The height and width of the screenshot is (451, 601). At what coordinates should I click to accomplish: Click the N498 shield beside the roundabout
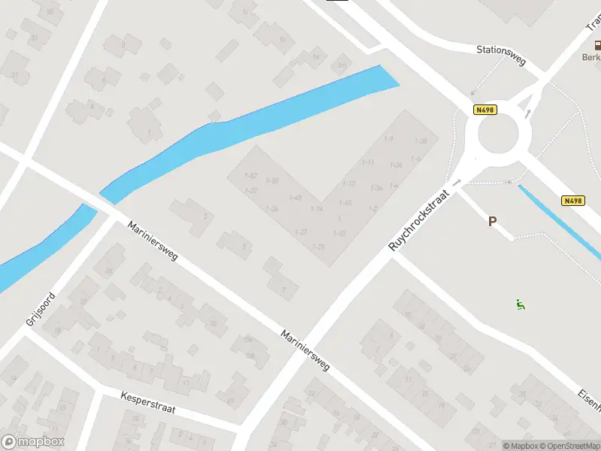pos(485,110)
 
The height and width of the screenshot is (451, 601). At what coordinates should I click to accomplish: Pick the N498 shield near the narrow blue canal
pos(573,201)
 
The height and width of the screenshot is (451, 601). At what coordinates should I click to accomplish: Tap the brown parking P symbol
pos(493,222)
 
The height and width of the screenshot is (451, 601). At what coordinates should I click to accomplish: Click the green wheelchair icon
pos(520,304)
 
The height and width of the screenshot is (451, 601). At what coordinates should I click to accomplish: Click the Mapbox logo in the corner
pos(33,442)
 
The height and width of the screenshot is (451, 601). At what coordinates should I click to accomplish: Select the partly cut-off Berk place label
pos(591,57)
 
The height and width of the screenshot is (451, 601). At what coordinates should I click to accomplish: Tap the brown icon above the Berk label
pos(596,44)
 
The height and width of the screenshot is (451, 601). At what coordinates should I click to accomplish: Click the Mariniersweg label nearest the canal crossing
pos(153,241)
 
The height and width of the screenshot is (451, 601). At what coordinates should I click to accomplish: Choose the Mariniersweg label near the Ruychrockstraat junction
pos(306,350)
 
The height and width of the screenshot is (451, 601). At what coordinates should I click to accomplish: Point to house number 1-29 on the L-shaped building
pos(319,247)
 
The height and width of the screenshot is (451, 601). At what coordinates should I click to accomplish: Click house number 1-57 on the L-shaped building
pos(252,175)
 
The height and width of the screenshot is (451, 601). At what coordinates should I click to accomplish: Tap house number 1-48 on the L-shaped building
pos(294,198)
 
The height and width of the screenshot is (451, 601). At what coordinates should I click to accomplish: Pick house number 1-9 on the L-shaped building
pos(388,139)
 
